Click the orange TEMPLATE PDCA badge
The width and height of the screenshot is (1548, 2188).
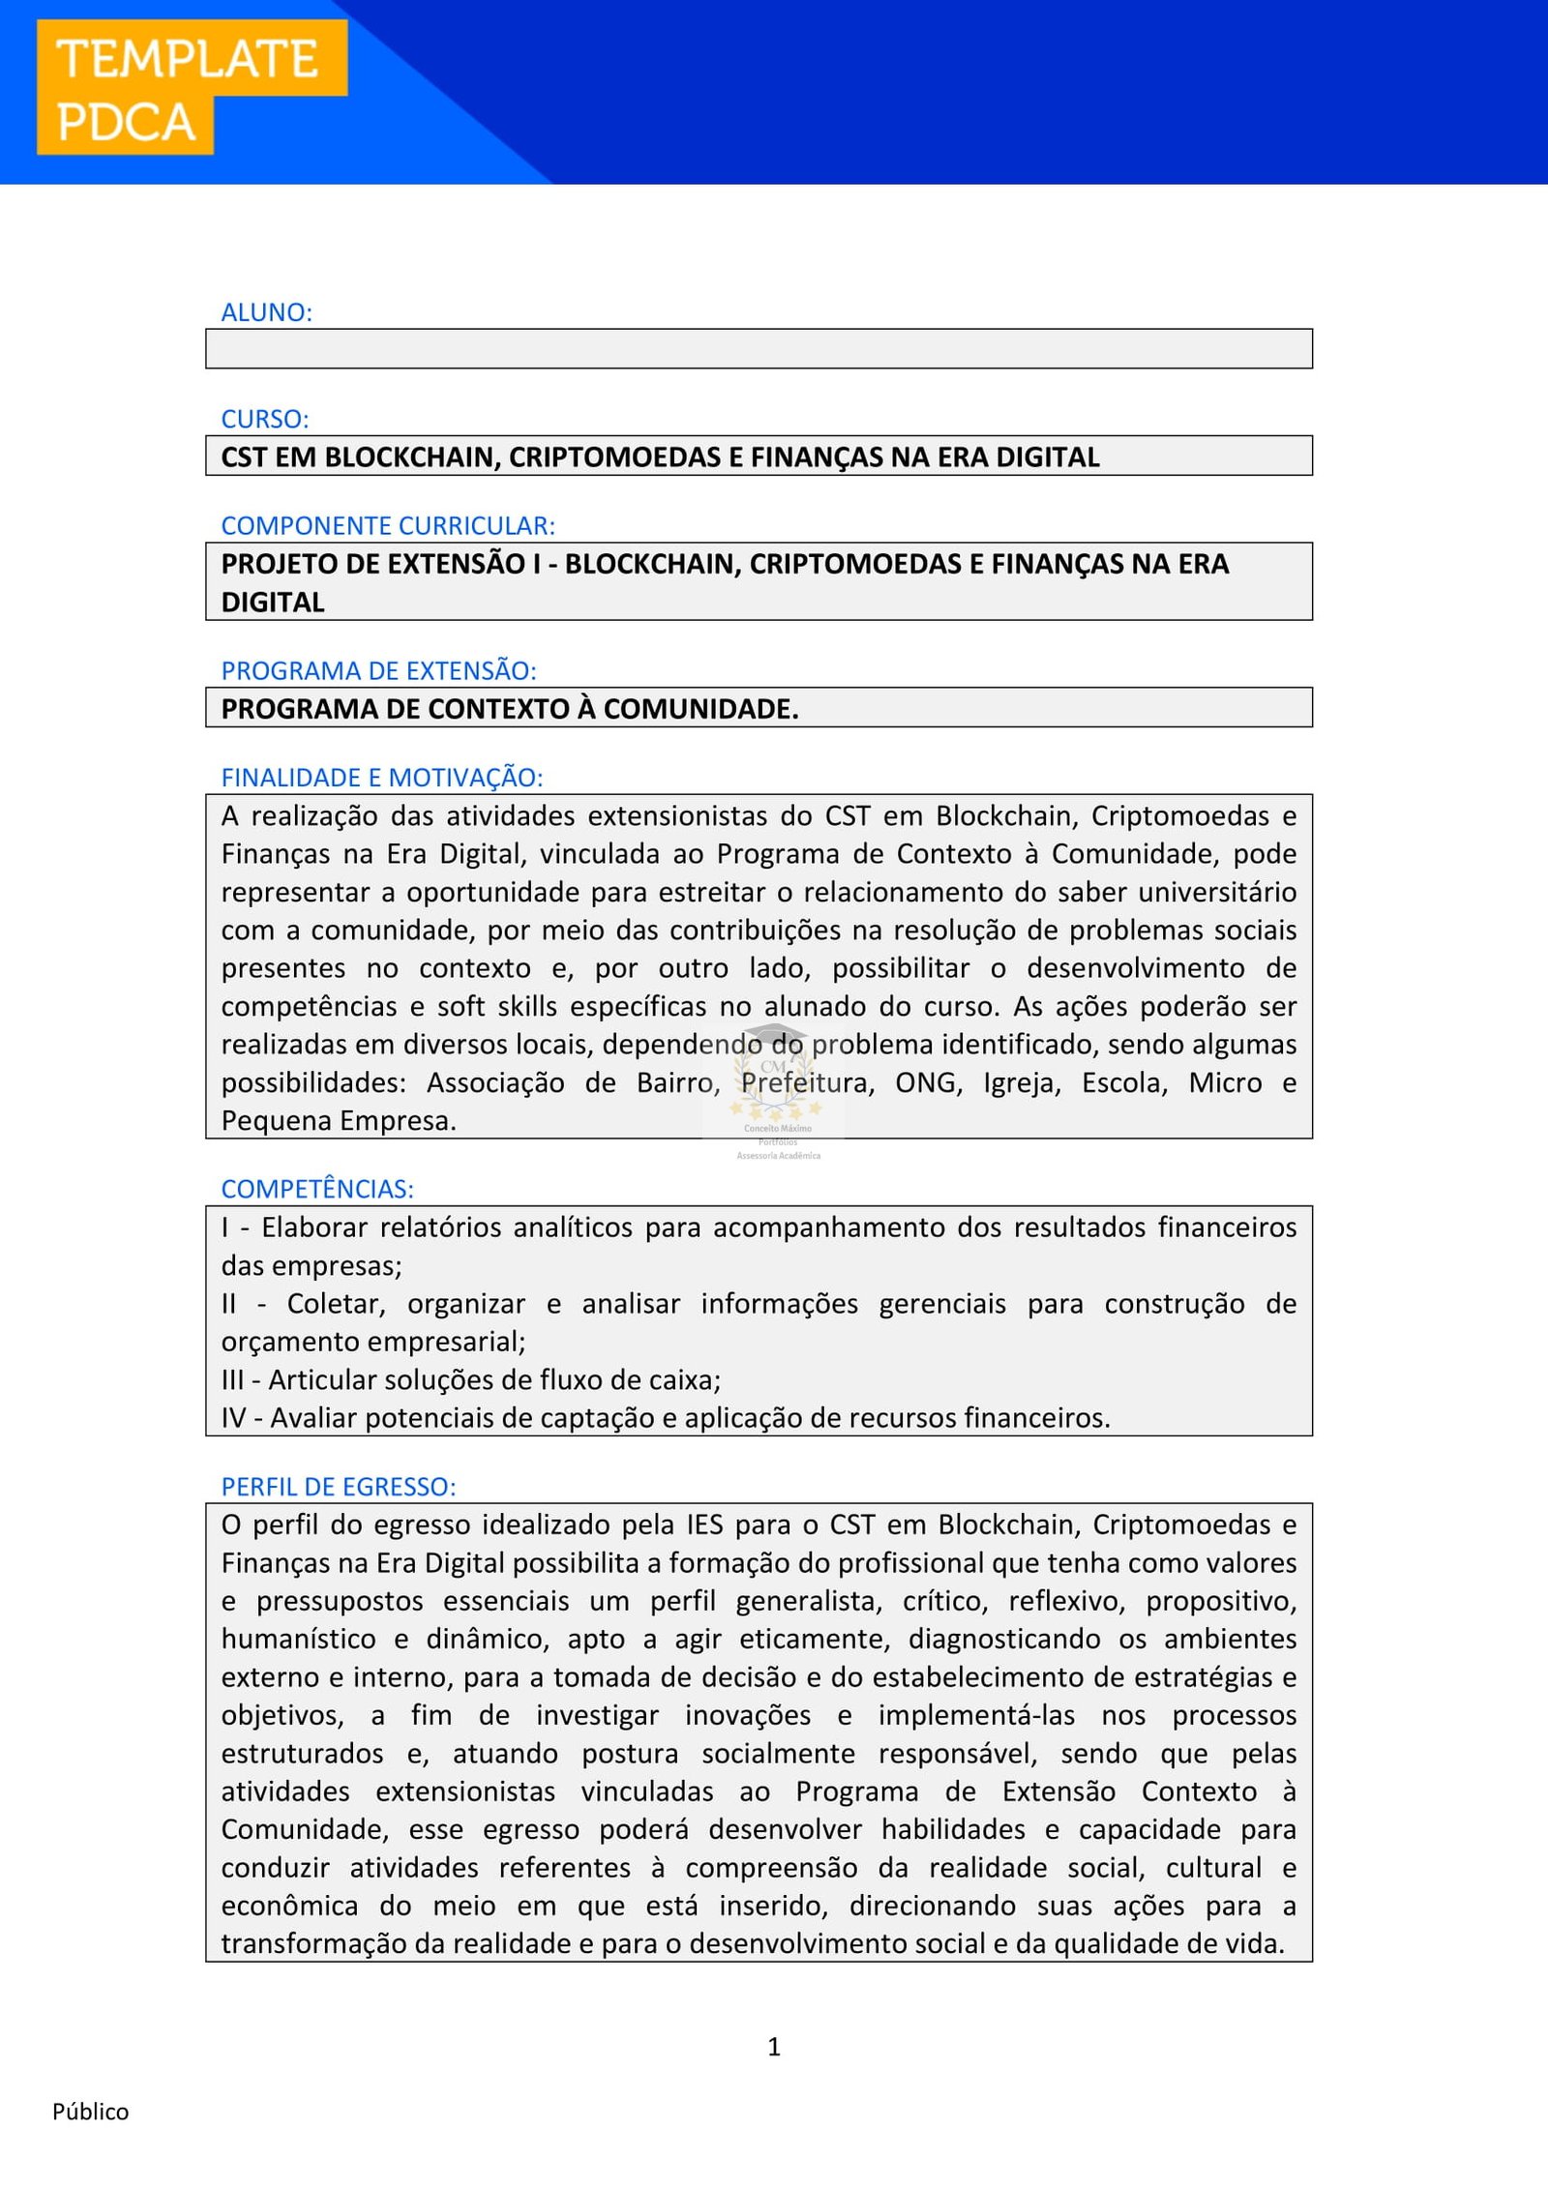(191, 87)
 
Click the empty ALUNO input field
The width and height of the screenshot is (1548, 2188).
(759, 348)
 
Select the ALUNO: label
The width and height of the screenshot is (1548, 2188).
(267, 312)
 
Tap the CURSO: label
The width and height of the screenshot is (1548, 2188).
(265, 419)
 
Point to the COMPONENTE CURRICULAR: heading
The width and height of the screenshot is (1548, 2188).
(388, 525)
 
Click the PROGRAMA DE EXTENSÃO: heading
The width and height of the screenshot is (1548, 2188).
(378, 670)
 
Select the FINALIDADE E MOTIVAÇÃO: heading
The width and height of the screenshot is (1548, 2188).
(382, 777)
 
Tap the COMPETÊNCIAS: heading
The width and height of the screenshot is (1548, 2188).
(317, 1189)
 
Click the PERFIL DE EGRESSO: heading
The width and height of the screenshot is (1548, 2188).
(339, 1487)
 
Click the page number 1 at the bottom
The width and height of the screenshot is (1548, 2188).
(774, 2046)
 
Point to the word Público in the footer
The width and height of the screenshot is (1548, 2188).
(90, 2112)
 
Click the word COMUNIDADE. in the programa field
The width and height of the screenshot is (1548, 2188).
(700, 709)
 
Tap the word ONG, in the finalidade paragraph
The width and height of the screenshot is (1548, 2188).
(929, 1083)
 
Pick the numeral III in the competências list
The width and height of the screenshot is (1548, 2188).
(232, 1380)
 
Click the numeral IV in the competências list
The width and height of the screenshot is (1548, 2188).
(233, 1418)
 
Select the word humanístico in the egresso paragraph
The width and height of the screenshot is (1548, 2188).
(298, 1640)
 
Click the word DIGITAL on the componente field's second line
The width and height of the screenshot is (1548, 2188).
(273, 603)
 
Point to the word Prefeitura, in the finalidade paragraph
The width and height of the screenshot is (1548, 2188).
(808, 1083)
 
